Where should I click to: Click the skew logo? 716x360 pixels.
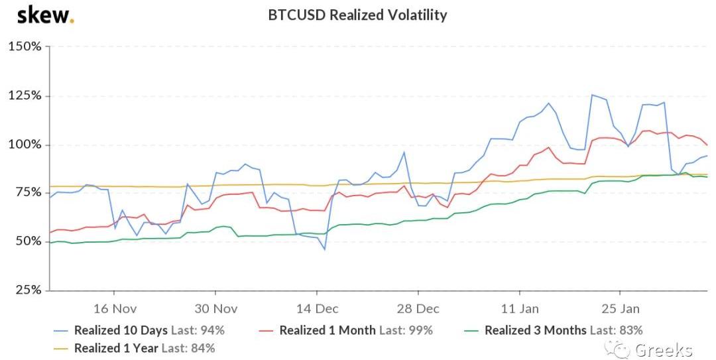coord(45,15)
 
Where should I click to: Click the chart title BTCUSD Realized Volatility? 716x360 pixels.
coord(357,15)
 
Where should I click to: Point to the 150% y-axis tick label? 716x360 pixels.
coord(25,46)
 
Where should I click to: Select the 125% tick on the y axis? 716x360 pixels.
coord(25,96)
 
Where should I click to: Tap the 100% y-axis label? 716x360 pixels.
coord(25,145)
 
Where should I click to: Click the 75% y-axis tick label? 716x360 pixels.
coord(29,192)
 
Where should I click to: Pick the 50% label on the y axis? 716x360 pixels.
coord(29,241)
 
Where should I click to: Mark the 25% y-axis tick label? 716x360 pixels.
coord(29,290)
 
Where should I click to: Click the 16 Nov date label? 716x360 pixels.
coord(115,309)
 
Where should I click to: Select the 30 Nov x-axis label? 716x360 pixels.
coord(215,309)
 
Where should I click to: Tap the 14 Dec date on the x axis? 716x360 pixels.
coord(317,309)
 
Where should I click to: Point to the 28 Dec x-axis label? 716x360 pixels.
coord(418,309)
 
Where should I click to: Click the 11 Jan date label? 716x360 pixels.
coord(520,309)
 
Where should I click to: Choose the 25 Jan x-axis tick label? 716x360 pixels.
coord(620,309)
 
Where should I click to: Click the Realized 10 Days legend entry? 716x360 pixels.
coord(139,330)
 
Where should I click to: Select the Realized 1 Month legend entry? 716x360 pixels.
coord(345,330)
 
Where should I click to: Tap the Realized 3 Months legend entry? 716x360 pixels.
coord(553,330)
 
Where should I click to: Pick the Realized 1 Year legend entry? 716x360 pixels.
coord(134,348)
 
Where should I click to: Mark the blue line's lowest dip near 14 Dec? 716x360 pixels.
coord(325,249)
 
